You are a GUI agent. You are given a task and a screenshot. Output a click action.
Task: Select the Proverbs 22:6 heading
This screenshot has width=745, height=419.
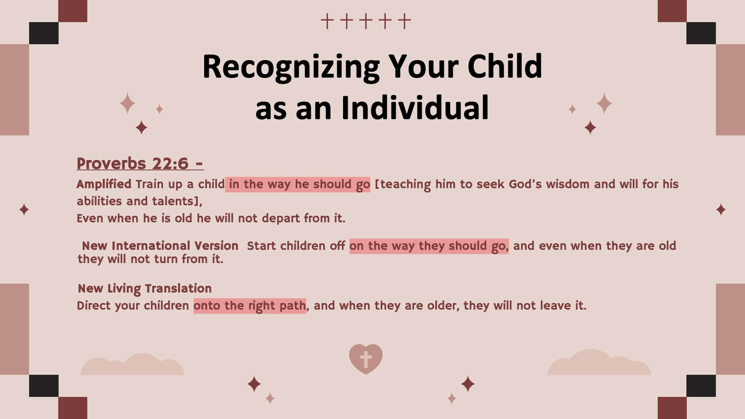click(x=140, y=164)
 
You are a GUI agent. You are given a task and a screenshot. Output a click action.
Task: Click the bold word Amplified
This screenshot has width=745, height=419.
click(x=104, y=184)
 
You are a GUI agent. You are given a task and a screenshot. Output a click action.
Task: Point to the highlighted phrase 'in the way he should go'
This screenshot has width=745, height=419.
click(x=298, y=184)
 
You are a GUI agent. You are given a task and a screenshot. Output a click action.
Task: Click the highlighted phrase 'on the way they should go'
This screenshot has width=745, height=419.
click(x=429, y=246)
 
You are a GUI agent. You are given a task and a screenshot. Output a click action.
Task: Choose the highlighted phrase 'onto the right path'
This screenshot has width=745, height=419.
click(x=250, y=306)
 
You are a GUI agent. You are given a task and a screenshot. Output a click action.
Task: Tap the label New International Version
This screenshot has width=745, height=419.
click(x=160, y=246)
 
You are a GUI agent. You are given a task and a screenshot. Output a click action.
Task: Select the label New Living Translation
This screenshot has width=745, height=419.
click(x=145, y=289)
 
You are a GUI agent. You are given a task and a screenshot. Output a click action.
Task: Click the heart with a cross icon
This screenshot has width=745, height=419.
click(x=366, y=359)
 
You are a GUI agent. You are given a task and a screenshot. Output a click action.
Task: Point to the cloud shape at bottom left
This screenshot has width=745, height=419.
click(x=132, y=365)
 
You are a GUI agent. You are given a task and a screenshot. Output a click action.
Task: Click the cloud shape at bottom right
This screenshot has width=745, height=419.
click(x=599, y=363)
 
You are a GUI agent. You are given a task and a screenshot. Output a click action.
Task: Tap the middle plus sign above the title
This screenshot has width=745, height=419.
click(x=366, y=21)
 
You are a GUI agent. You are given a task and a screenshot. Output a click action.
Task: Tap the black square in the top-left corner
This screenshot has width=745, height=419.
click(x=44, y=33)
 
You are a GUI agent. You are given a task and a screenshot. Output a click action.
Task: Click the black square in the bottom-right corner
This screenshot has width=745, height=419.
click(x=701, y=386)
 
